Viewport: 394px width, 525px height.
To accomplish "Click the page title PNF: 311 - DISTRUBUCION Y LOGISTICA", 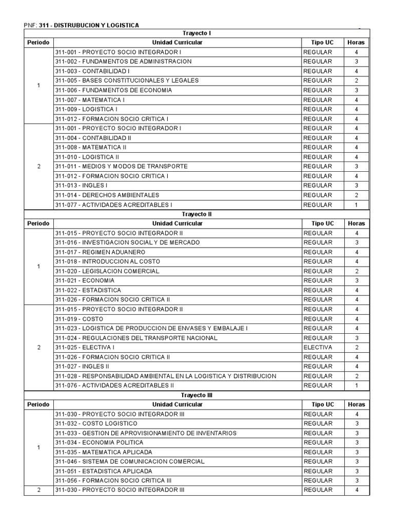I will (x=81, y=25).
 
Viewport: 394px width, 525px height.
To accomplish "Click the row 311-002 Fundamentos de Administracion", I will (x=123, y=62).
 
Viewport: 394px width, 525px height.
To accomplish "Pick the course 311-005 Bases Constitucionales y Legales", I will (x=127, y=80).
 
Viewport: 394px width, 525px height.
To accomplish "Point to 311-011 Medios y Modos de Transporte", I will (x=121, y=166).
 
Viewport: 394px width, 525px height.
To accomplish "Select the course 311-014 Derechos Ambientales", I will (x=107, y=195).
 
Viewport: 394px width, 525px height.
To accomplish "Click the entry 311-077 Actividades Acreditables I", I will (x=113, y=205).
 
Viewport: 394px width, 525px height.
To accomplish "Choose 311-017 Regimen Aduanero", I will (x=100, y=252).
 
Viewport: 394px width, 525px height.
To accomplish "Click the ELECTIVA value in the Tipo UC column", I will (x=318, y=347).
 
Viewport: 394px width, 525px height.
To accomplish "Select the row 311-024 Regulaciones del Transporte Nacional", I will (x=136, y=338).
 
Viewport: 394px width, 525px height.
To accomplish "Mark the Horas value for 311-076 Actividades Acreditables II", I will (x=356, y=386).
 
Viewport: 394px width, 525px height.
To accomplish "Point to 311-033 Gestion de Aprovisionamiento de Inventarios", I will (x=146, y=433).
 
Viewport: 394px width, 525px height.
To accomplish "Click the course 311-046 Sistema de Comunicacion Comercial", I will (x=130, y=461).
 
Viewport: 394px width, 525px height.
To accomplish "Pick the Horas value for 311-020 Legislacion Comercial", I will (x=356, y=271).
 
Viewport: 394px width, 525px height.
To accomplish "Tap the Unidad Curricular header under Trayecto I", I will (x=177, y=43).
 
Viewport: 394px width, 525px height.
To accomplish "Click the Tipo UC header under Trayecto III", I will (x=322, y=405).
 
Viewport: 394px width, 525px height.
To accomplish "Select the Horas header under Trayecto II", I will (x=356, y=224).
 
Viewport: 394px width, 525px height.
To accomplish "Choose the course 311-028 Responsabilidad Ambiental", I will (x=165, y=376).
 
